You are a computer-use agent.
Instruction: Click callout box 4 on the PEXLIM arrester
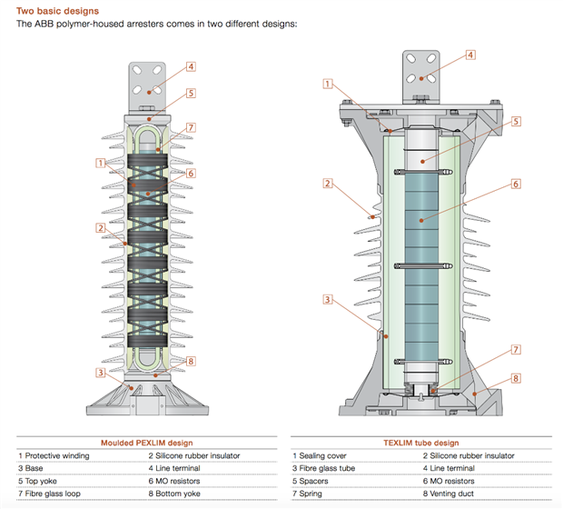pos(192,66)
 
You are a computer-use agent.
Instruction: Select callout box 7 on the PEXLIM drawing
pos(191,127)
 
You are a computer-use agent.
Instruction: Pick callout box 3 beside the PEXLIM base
pos(99,372)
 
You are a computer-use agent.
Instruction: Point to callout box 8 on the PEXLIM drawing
pos(191,361)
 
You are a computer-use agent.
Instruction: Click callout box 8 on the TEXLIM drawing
pos(515,378)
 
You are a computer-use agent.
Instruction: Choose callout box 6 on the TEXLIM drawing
pos(515,184)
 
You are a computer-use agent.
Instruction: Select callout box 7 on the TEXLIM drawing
pos(515,349)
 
